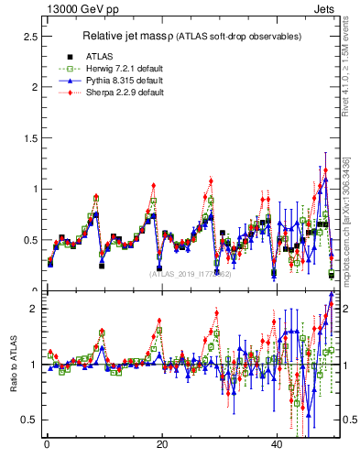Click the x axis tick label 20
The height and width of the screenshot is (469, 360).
[161, 444]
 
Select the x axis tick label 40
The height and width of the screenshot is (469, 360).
[277, 444]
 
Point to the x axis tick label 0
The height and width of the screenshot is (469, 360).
[47, 444]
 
